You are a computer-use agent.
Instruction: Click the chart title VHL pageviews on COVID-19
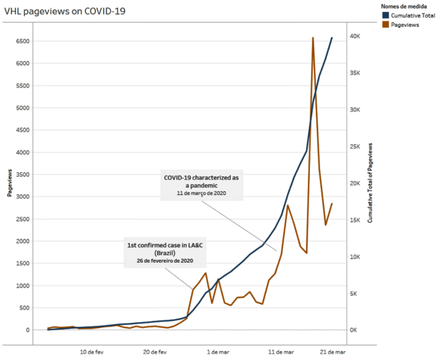click(x=65, y=11)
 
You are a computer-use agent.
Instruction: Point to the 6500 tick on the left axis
click(x=23, y=41)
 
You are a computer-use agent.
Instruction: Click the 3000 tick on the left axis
click(x=23, y=197)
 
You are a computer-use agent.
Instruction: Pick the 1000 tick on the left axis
click(x=23, y=286)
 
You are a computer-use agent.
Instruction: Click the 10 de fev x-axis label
click(x=92, y=352)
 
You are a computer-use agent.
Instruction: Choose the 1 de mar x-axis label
click(x=218, y=352)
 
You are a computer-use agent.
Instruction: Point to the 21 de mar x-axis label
click(x=332, y=352)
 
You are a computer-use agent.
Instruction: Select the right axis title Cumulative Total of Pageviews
click(x=370, y=182)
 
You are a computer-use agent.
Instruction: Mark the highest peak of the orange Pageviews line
click(x=313, y=38)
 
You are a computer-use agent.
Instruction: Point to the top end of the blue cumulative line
click(x=332, y=38)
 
